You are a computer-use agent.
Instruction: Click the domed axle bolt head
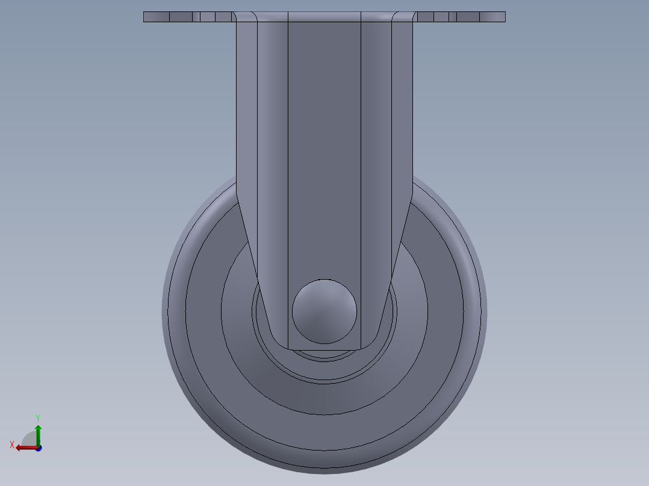324,312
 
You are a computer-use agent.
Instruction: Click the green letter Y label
38,417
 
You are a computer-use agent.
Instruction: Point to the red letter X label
12,444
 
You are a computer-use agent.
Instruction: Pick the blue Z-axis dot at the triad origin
39,448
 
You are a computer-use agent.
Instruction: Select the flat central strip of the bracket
324,150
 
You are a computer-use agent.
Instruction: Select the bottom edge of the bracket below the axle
324,349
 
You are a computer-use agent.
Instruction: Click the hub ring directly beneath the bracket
324,356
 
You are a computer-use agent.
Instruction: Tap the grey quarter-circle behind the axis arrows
29,438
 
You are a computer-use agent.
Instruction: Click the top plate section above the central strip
324,17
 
